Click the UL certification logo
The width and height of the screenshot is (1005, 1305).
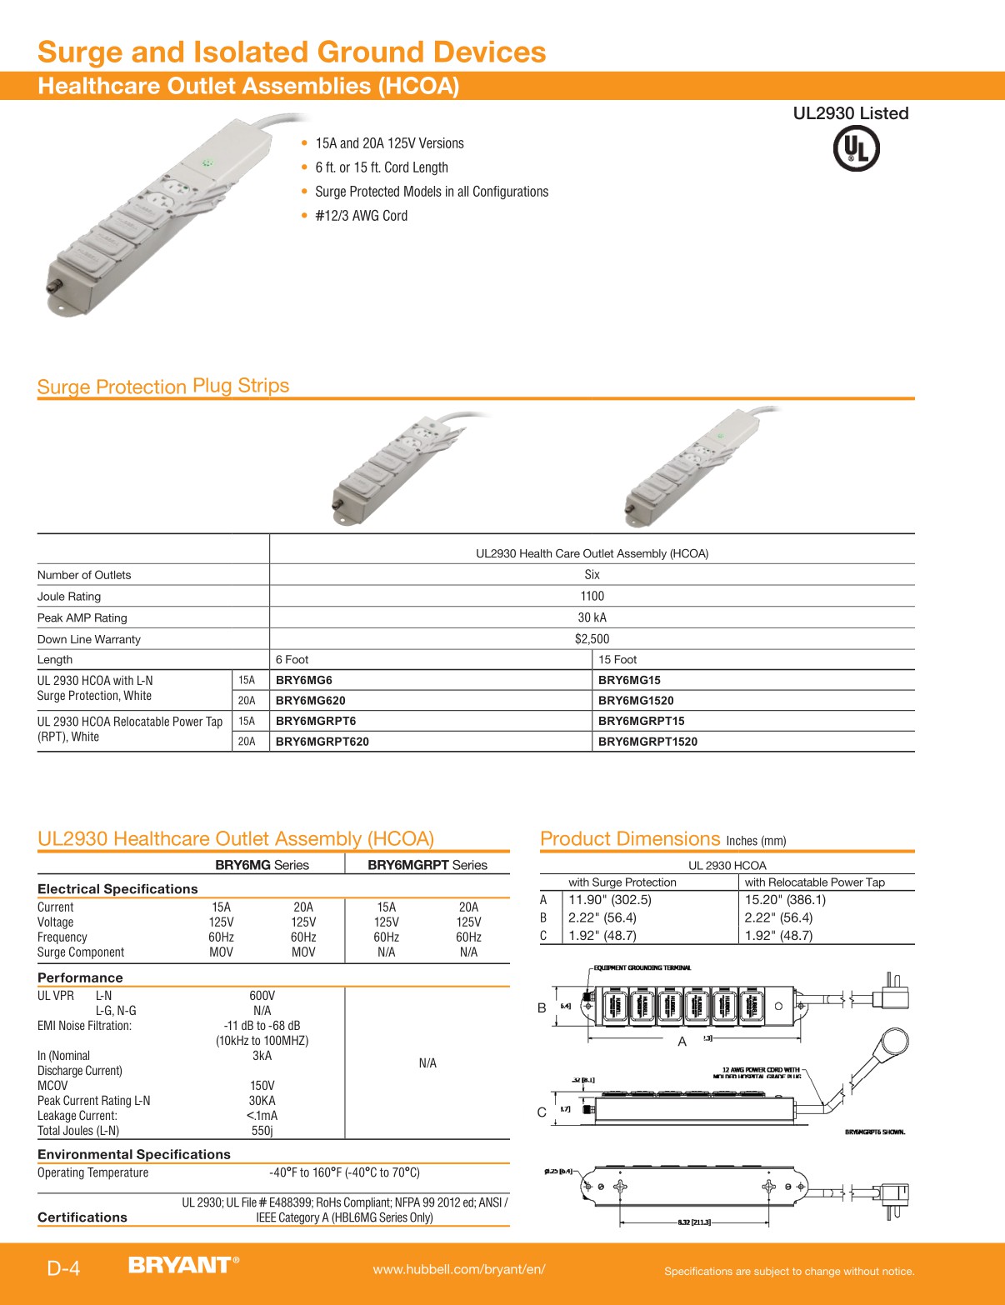point(856,150)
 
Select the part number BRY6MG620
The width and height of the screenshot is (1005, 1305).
point(310,701)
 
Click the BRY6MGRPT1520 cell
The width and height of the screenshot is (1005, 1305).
point(647,742)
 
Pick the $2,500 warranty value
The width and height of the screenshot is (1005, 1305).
point(592,639)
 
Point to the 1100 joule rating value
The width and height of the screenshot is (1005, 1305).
point(592,596)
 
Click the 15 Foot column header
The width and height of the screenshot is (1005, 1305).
point(617,659)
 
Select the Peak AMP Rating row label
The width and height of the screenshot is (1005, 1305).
point(82,617)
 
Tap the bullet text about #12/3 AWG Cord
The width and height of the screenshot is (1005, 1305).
point(361,216)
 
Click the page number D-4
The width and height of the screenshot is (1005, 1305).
point(63,1268)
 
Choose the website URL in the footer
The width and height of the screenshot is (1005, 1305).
point(459,1269)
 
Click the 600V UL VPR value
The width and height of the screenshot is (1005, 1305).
point(262,996)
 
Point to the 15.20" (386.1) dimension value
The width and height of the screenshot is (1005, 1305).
point(785,900)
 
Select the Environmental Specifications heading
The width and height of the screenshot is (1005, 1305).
point(134,1154)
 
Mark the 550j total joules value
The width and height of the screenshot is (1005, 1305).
point(262,1131)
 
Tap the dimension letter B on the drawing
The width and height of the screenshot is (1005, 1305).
point(542,1008)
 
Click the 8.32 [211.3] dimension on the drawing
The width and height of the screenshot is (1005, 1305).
point(693,1222)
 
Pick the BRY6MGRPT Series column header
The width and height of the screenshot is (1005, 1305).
point(427,865)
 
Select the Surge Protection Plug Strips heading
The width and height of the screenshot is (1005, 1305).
point(163,387)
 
